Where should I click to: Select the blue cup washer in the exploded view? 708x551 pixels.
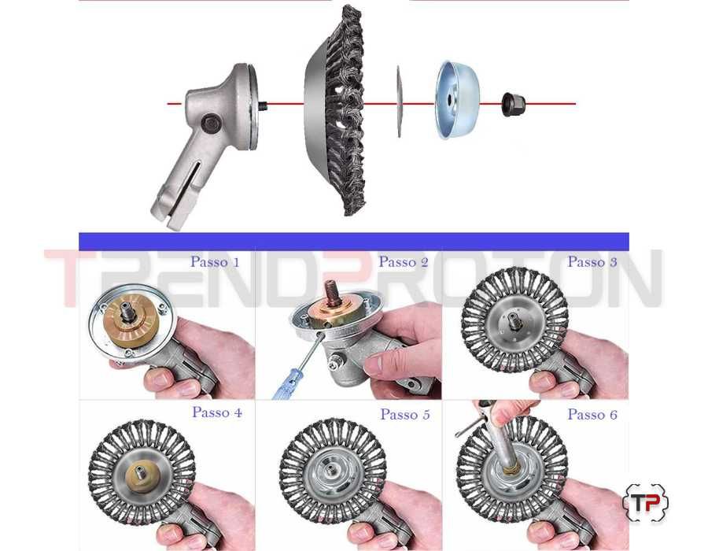tap(456, 100)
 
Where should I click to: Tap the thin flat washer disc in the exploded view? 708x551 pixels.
tap(399, 102)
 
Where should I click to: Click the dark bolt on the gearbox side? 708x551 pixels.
tap(211, 124)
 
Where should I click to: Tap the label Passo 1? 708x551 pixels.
tap(215, 261)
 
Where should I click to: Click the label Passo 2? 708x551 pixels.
tap(404, 261)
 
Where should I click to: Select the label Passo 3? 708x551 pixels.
tap(592, 261)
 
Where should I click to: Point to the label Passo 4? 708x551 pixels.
tap(217, 412)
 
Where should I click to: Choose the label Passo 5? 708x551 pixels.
tap(405, 414)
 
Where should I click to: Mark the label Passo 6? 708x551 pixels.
tap(592, 414)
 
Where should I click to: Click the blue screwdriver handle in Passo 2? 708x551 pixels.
tap(286, 384)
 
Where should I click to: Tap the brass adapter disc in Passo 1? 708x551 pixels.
tap(131, 320)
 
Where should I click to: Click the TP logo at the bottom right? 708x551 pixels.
tap(645, 503)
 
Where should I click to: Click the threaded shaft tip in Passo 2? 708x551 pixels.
tap(334, 294)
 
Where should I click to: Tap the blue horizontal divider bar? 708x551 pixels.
tap(353, 242)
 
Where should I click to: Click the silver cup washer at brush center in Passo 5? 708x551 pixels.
tap(333, 471)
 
